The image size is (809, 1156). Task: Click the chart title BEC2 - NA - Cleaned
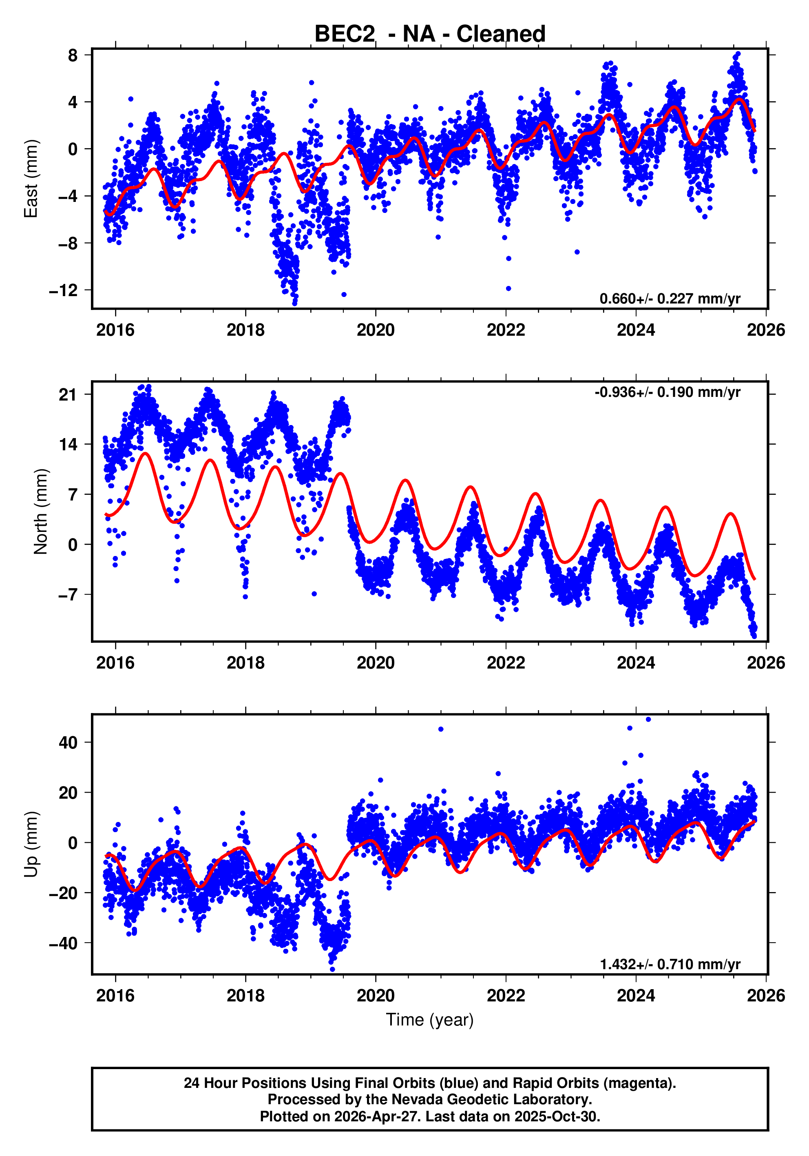[429, 34]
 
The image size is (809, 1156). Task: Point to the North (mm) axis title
[40, 512]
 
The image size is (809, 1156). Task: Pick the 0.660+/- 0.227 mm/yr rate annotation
[670, 299]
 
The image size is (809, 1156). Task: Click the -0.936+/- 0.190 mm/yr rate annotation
[667, 392]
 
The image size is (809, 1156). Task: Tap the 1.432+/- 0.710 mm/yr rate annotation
[670, 964]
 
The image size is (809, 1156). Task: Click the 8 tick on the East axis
[73, 55]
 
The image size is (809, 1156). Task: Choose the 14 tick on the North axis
[69, 445]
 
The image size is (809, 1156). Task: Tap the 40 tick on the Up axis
[69, 743]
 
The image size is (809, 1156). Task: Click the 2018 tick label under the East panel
[245, 330]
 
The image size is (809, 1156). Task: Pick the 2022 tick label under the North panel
[506, 663]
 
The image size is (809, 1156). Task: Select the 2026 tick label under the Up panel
[766, 996]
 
